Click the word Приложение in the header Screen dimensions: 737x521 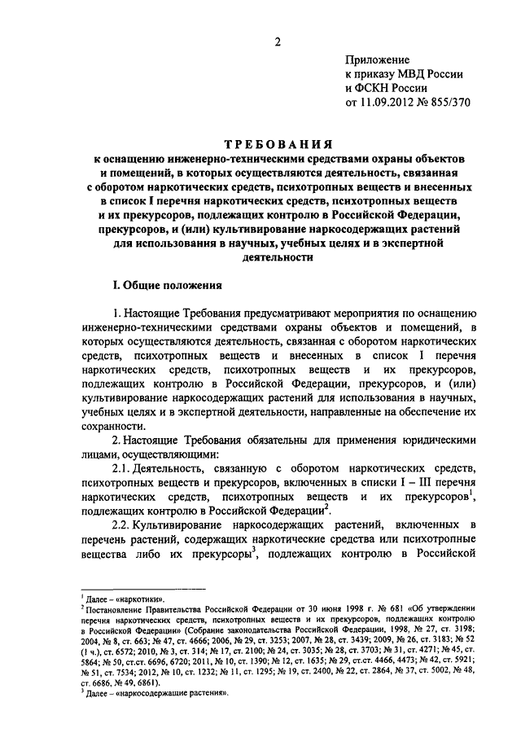click(x=379, y=60)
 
